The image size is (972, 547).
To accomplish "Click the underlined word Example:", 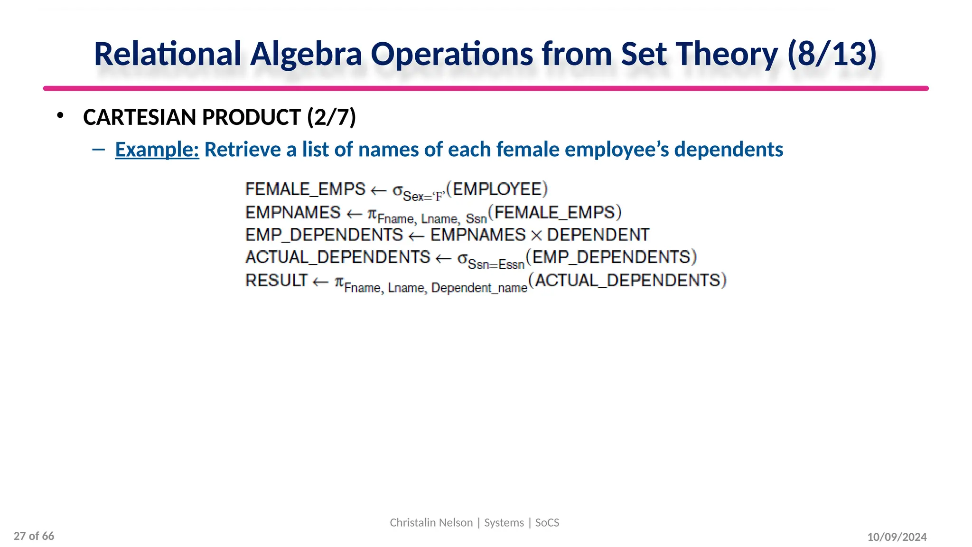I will tap(157, 150).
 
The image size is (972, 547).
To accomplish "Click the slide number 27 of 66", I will tap(34, 536).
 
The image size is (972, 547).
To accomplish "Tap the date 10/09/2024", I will tap(897, 537).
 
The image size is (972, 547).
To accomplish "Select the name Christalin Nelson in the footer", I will tap(431, 523).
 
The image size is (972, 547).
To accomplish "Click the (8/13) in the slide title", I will tap(832, 54).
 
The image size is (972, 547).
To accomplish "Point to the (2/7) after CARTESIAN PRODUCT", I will tap(331, 117).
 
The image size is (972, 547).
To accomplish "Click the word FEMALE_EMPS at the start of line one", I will tap(305, 189).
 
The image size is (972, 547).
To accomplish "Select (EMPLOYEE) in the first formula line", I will tap(497, 189).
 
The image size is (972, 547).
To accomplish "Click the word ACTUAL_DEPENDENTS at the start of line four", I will tap(337, 257).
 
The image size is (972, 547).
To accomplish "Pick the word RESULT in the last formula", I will tap(276, 281).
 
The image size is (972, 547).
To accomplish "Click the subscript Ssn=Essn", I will tap(496, 264).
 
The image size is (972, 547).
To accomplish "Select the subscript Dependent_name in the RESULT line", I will tap(479, 288).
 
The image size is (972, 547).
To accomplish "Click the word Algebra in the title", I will tap(306, 54).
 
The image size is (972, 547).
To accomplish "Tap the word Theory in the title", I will tap(727, 54).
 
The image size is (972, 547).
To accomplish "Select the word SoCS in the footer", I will tap(547, 523).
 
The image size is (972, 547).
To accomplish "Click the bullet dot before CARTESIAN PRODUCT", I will tap(60, 115).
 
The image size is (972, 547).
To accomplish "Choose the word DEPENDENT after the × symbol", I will tap(598, 235).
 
